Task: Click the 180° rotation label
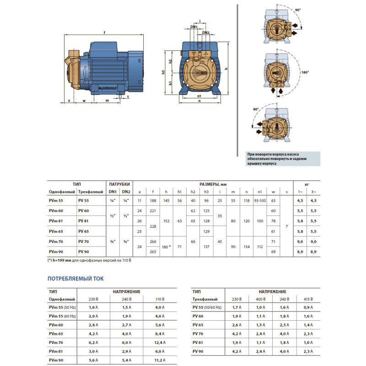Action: tap(305, 72)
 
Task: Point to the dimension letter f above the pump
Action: tap(105, 32)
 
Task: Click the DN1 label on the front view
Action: tap(194, 27)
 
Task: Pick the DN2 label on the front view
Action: tap(206, 33)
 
